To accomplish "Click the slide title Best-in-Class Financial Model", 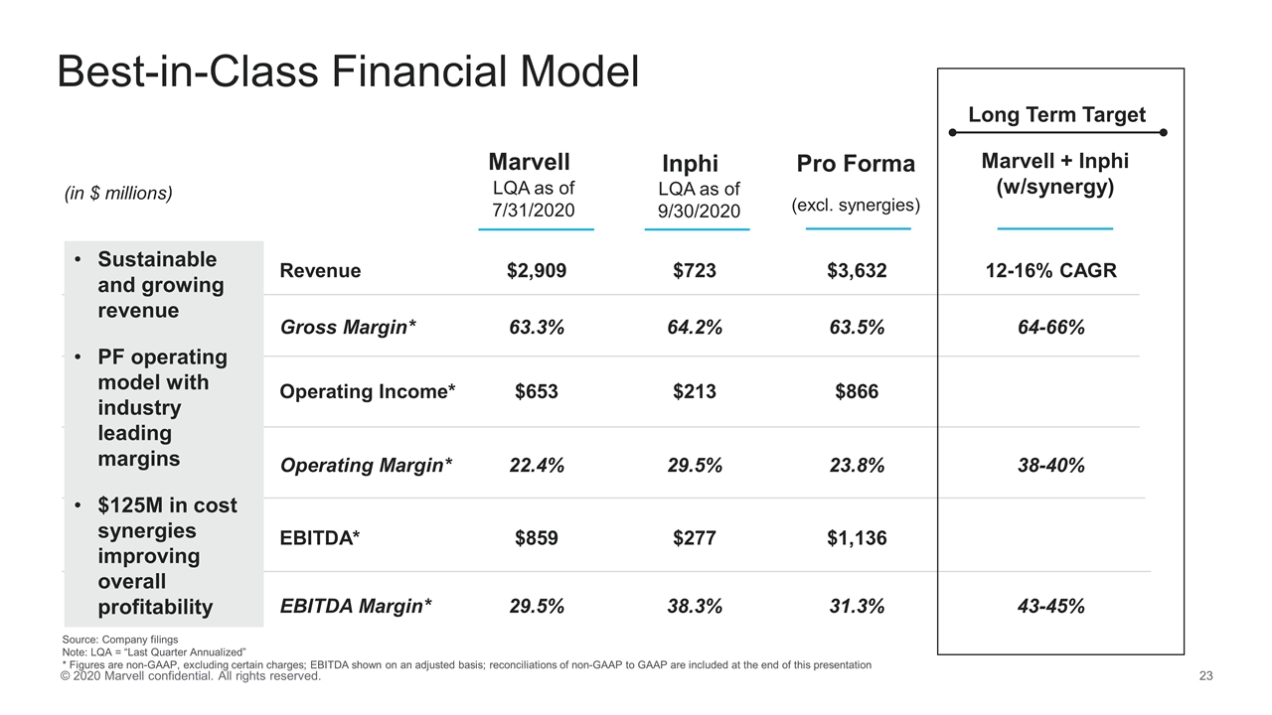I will pos(348,71).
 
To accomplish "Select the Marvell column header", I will pos(530,162).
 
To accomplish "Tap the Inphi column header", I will pos(690,164).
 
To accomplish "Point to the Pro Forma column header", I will pos(856,163).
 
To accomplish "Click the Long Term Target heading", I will pos(1056,115).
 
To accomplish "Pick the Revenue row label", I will pos(320,271).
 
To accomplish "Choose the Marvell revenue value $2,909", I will pos(537,271).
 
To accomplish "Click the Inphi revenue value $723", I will pos(694,271).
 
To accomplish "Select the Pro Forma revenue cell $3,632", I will pos(857,271).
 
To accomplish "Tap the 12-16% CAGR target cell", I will pos(1055,271).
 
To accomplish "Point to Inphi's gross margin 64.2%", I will pos(694,328).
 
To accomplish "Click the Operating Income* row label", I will pos(368,392).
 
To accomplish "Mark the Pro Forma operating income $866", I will pos(857,392).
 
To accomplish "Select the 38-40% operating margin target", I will pos(1055,465).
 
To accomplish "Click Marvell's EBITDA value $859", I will pos(537,538).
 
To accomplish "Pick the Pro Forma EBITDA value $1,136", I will pos(857,538).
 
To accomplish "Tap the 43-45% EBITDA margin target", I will pos(1055,606).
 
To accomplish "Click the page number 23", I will pos(1207,676).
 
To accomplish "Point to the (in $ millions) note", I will pos(118,194).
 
